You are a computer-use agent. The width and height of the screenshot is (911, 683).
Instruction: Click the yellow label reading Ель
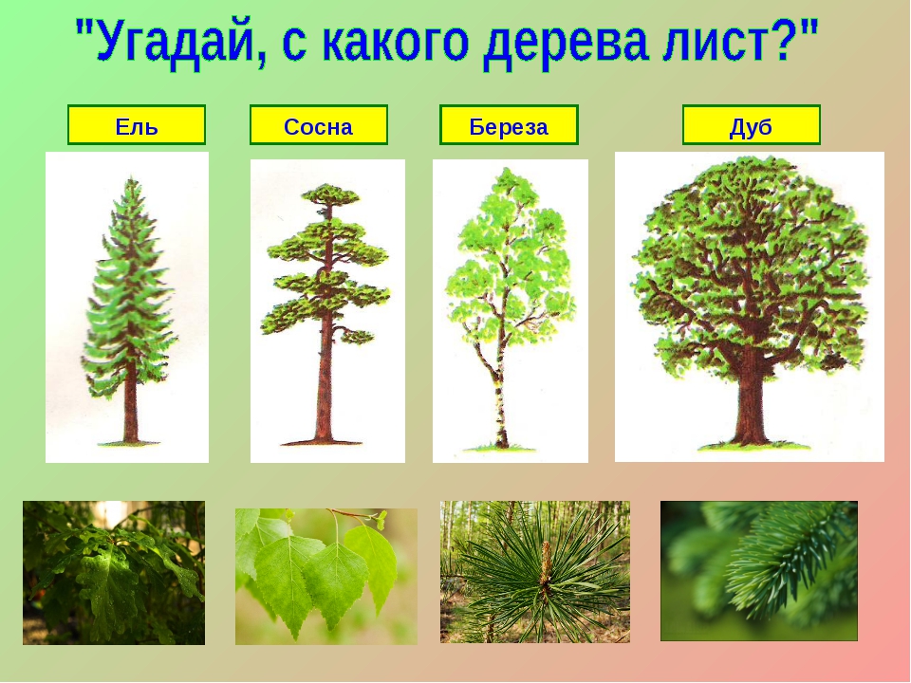[137, 124]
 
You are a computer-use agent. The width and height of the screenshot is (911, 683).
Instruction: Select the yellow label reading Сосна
[319, 124]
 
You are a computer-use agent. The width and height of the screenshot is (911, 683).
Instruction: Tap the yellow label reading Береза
[509, 124]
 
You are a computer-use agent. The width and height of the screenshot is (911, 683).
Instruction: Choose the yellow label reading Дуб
[752, 124]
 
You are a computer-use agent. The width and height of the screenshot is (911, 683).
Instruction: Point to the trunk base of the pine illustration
[324, 434]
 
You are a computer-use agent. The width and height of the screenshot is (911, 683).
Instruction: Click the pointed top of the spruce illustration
[133, 180]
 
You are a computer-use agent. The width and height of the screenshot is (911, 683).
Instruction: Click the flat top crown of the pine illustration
[328, 195]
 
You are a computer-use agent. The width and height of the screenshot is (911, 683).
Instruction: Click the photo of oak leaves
[114, 573]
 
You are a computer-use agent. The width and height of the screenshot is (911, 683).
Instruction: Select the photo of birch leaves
[325, 576]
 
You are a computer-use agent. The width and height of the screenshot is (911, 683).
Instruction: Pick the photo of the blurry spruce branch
[759, 571]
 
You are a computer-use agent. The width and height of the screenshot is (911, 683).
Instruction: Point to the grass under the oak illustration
[754, 446]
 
